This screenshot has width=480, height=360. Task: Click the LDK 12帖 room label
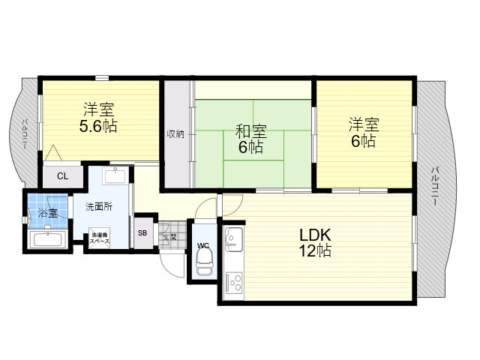pos(315,243)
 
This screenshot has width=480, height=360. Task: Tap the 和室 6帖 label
pos(250,139)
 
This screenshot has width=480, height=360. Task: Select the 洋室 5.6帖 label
pos(98,118)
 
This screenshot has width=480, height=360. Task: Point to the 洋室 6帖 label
pos(364,132)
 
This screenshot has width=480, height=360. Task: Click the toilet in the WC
pos(204,261)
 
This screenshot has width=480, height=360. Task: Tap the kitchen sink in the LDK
pos(234,238)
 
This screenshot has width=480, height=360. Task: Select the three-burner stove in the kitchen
pos(234,283)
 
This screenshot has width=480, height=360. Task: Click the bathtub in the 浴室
pos(48,239)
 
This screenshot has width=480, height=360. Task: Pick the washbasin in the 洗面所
pos(115,175)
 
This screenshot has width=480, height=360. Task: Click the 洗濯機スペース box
pos(99,238)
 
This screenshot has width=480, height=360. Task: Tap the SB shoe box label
pos(142,233)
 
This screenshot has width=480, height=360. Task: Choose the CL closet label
pos(62,176)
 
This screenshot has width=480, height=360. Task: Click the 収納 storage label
pos(175,133)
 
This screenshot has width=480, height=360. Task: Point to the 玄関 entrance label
pos(169,237)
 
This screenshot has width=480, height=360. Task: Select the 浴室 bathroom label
pos(48,212)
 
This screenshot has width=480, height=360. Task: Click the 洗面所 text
pos(98,207)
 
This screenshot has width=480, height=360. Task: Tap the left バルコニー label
pos(24,135)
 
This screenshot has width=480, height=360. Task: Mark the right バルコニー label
pos(434,186)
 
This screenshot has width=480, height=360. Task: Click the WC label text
pos(203,245)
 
